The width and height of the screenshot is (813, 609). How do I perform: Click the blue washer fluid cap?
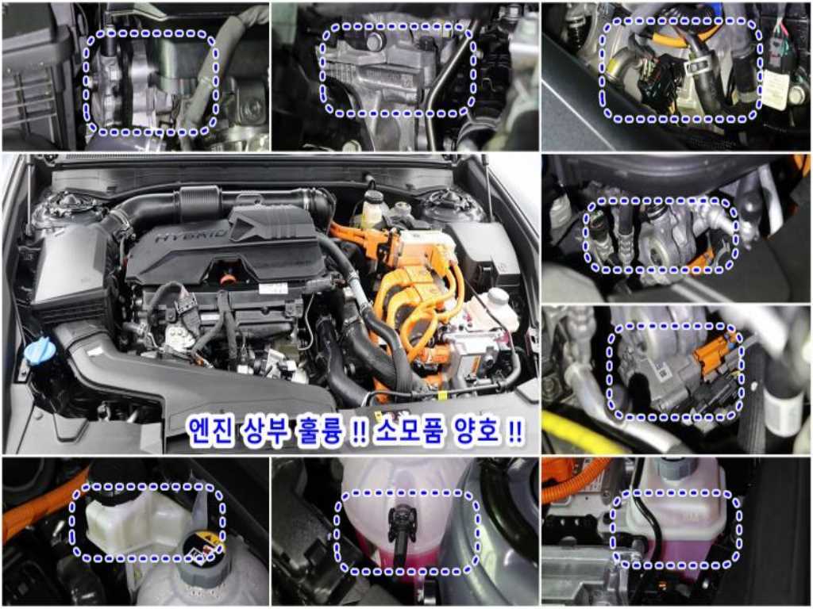(40, 350)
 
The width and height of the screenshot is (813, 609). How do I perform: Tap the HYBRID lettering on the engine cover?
(192, 235)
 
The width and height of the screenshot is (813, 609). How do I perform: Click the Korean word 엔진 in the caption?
(210, 430)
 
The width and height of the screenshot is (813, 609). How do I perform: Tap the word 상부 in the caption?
(264, 430)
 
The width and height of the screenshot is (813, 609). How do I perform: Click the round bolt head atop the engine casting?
(375, 41)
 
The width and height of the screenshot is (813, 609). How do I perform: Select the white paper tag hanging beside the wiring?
(775, 89)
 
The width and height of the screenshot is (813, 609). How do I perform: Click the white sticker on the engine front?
(273, 289)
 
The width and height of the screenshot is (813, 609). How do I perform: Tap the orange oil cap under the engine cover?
(226, 280)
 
